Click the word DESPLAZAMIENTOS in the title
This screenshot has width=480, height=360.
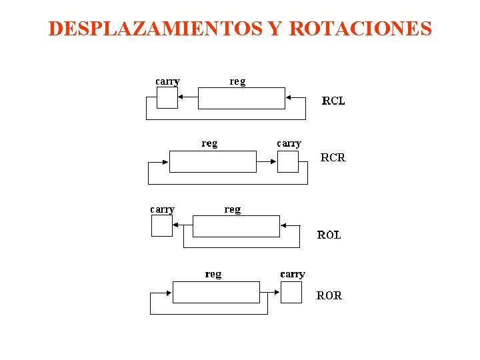155,29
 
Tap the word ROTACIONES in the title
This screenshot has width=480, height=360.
360,29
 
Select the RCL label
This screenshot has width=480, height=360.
333,101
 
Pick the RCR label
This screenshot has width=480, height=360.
333,158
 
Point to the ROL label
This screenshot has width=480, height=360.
329,235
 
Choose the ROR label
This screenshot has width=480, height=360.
329,295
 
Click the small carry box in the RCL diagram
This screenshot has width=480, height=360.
167,98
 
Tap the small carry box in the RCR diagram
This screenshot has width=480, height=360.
288,161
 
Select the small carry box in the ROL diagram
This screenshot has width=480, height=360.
162,226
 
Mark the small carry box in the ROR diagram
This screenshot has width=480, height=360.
291,292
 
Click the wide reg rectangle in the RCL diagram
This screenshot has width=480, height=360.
241,98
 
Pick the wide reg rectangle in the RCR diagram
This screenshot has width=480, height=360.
213,161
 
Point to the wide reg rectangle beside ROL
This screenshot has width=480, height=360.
236,226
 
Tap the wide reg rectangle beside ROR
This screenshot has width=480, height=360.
216,292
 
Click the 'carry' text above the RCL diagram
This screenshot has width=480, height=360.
167,82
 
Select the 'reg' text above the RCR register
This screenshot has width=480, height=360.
209,143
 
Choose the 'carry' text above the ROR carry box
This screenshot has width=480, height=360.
293,274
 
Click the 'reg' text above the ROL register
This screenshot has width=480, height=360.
233,209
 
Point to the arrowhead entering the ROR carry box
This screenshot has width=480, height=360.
277,292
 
